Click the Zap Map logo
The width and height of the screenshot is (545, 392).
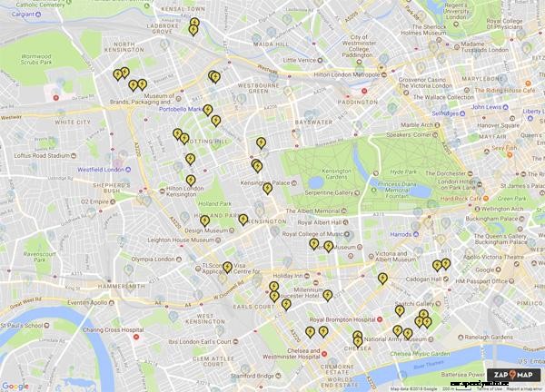click(513, 374)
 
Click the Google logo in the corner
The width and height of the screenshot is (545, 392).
click(15, 386)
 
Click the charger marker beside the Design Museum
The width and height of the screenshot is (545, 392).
click(205, 220)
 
